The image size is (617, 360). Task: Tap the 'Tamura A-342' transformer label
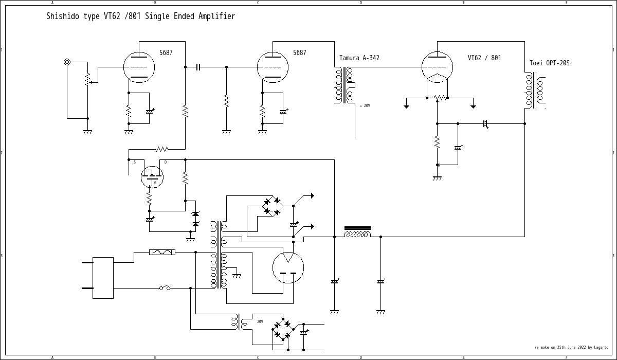coord(359,58)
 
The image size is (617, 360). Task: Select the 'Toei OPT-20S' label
coord(549,63)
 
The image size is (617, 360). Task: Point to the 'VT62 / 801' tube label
coord(484,58)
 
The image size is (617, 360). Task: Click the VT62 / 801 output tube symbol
coord(437,67)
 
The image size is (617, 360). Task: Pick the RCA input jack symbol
coord(67,62)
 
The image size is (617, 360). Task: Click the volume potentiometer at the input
coord(87,80)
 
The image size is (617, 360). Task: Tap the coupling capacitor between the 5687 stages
coord(198,67)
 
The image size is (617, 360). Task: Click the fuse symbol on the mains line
coord(162,252)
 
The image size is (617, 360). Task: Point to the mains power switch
coord(165,288)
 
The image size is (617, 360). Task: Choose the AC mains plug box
coord(103,278)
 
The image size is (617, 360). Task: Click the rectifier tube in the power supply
coord(288,267)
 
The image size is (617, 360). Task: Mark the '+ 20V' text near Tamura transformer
coord(365,105)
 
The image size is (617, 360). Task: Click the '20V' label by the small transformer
coord(260,321)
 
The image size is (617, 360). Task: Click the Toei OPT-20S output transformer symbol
coord(535,90)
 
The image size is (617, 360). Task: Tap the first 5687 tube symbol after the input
coord(139,67)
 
